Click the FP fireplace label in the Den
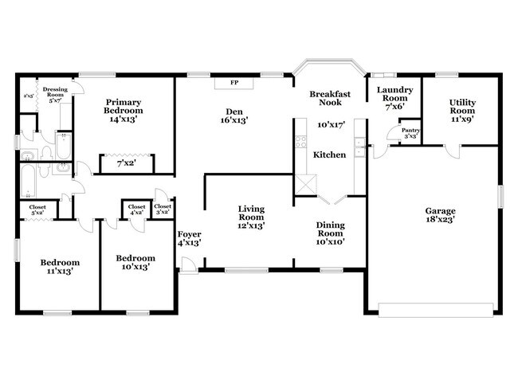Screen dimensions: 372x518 click(x=234, y=82)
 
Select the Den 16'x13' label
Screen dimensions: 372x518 click(x=234, y=116)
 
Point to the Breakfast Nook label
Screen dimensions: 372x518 click(x=325, y=98)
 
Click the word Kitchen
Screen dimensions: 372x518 click(x=328, y=154)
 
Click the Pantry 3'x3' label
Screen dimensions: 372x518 click(x=410, y=134)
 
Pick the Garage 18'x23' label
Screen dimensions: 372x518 click(x=440, y=217)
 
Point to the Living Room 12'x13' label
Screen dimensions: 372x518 click(x=251, y=217)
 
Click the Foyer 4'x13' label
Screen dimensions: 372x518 click(x=188, y=237)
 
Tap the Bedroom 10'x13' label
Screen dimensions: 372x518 click(x=131, y=262)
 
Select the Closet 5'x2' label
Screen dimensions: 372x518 click(x=37, y=209)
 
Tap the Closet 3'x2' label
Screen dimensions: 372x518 click(x=162, y=209)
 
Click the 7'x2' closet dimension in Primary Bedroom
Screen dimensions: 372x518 click(x=126, y=163)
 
